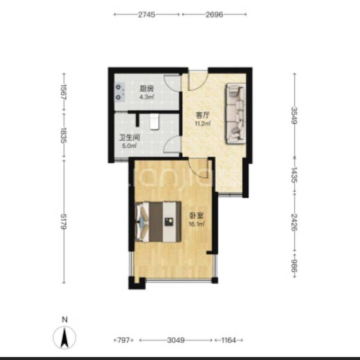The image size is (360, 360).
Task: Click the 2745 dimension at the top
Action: (147, 15)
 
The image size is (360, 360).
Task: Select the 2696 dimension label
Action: (214, 15)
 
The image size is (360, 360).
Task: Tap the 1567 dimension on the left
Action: (63, 92)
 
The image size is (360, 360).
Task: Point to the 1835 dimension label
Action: (63, 135)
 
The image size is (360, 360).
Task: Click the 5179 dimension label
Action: (63, 221)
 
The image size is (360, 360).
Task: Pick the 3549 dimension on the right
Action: (294, 116)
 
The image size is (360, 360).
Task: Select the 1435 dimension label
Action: (294, 175)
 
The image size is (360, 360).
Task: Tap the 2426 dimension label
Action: (294, 222)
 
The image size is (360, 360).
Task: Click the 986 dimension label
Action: (294, 265)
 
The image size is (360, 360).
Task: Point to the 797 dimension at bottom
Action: (123, 340)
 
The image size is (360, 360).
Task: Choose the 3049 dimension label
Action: (175, 340)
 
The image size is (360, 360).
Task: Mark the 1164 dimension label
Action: (229, 340)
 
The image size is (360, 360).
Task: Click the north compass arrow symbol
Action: (64, 337)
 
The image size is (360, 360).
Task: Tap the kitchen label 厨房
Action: (147, 89)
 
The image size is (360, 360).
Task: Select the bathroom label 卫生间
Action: (130, 138)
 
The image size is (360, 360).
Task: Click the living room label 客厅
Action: (202, 115)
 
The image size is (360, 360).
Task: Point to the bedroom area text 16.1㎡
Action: (197, 224)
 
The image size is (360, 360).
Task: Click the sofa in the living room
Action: (236, 114)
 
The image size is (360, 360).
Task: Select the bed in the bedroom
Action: (158, 222)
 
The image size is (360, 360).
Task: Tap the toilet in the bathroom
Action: (154, 121)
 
